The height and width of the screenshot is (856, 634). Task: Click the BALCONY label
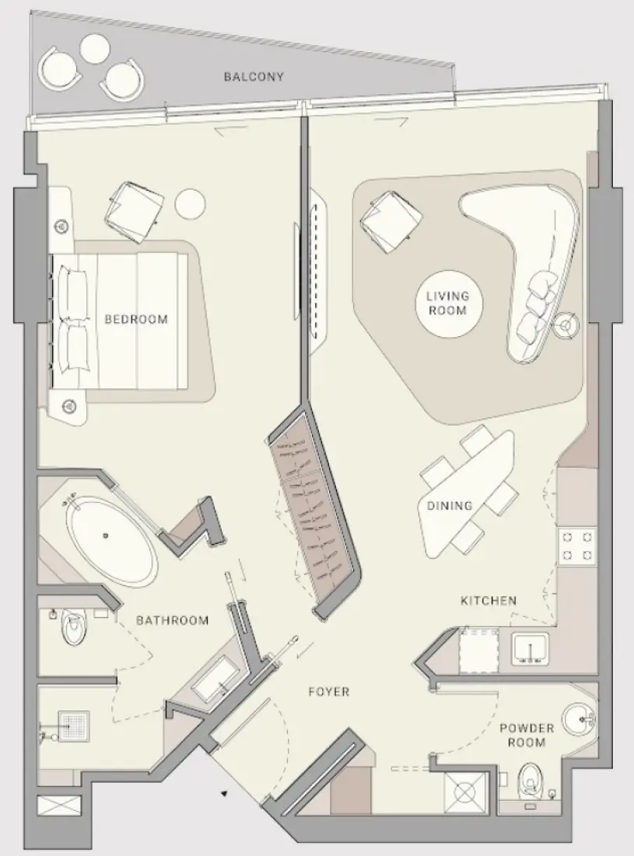[254, 77]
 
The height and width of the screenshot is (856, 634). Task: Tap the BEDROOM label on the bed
[136, 319]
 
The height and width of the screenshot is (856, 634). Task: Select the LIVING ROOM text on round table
[447, 303]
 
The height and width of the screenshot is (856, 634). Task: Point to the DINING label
[450, 506]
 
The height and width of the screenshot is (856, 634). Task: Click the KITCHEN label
[489, 601]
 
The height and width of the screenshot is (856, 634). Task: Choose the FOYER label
[328, 691]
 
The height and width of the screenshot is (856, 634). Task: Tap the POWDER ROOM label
[527, 735]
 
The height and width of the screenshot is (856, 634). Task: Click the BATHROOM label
[173, 620]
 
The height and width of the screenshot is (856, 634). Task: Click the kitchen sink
[531, 647]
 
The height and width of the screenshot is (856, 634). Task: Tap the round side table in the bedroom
[190, 204]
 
